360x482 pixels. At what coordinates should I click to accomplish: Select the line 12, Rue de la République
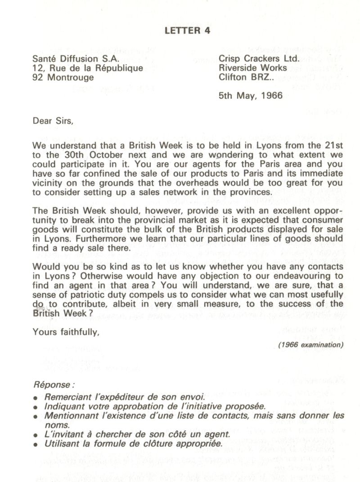[x=88, y=68]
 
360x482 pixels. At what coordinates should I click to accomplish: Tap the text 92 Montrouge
[x=63, y=77]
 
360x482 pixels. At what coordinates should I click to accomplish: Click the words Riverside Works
[x=253, y=68]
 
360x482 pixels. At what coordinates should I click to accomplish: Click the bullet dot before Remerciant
[x=36, y=398]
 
